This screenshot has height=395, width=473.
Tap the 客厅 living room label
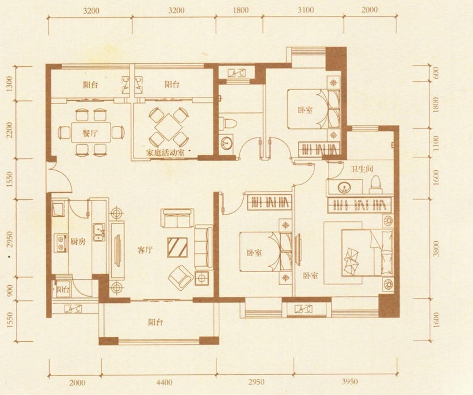coord(145,250)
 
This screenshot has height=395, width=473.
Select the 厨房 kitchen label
coord(78,241)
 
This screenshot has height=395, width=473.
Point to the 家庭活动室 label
coord(165,152)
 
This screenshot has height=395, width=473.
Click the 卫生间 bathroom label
coord(361,169)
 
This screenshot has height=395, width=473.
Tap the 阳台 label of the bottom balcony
coord(156,322)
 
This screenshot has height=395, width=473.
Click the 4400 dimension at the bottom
coord(164,382)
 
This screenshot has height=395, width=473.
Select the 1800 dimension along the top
coord(241,10)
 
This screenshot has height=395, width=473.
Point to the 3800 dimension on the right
coord(436,248)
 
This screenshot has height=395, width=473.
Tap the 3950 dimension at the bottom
coord(350,382)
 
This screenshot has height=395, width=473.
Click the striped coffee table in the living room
coord(177,247)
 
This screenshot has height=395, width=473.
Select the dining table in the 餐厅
coord(91,132)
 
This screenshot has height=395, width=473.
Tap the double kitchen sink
coord(99,232)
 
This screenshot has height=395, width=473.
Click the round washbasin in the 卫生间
coord(344,187)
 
